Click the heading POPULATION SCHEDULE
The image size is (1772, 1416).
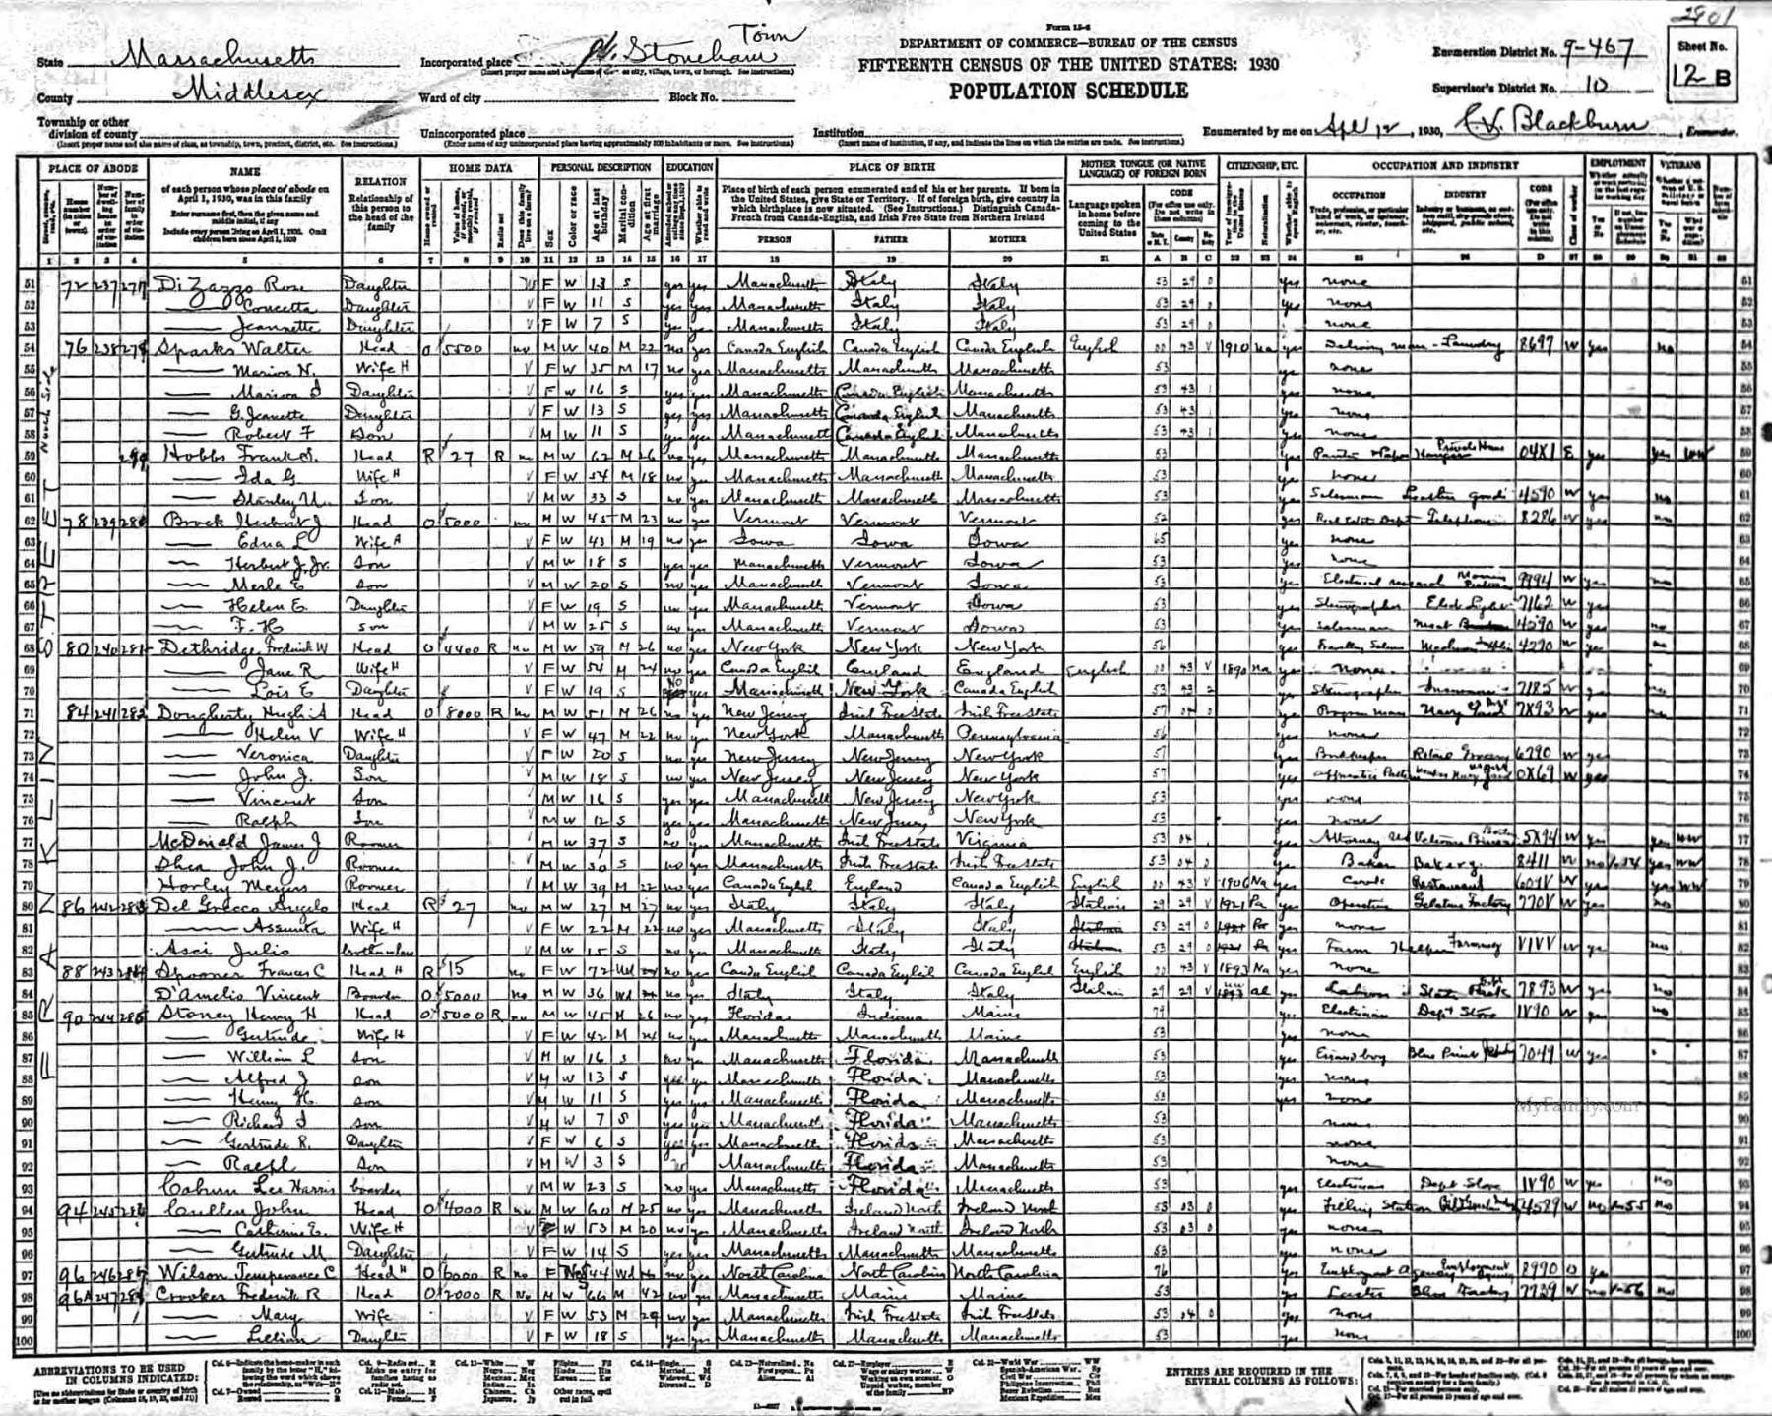point(1068,91)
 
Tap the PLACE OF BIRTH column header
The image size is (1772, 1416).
point(892,168)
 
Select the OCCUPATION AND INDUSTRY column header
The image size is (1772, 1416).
point(1445,166)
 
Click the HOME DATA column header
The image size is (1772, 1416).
point(480,168)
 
